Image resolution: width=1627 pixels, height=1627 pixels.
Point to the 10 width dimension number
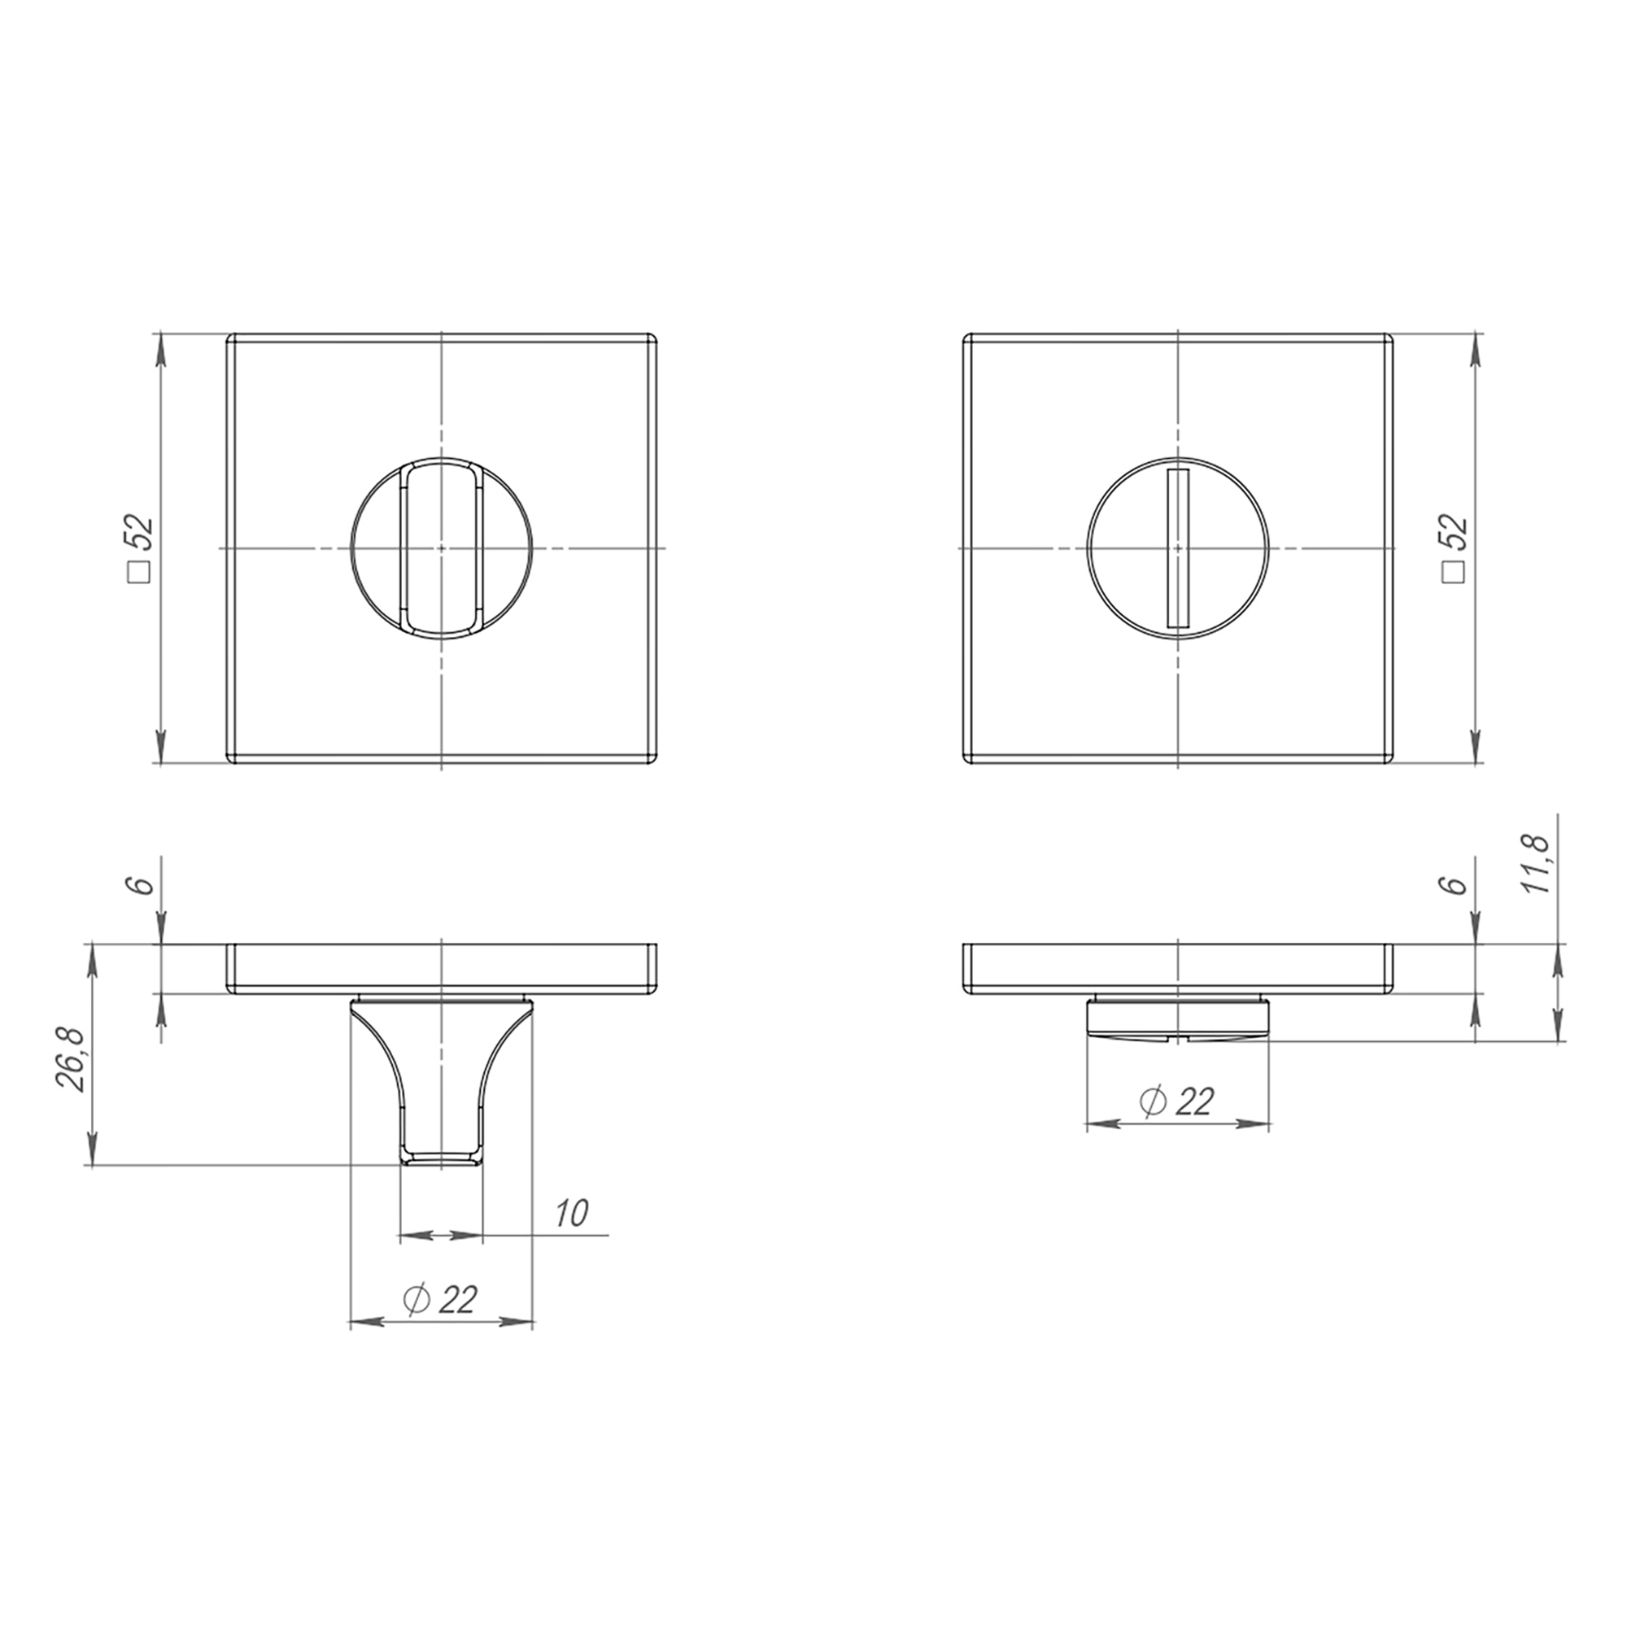(x=570, y=1214)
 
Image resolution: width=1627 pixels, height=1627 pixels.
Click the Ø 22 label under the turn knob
(x=440, y=1300)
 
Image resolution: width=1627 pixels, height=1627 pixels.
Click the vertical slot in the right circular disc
(x=1176, y=547)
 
